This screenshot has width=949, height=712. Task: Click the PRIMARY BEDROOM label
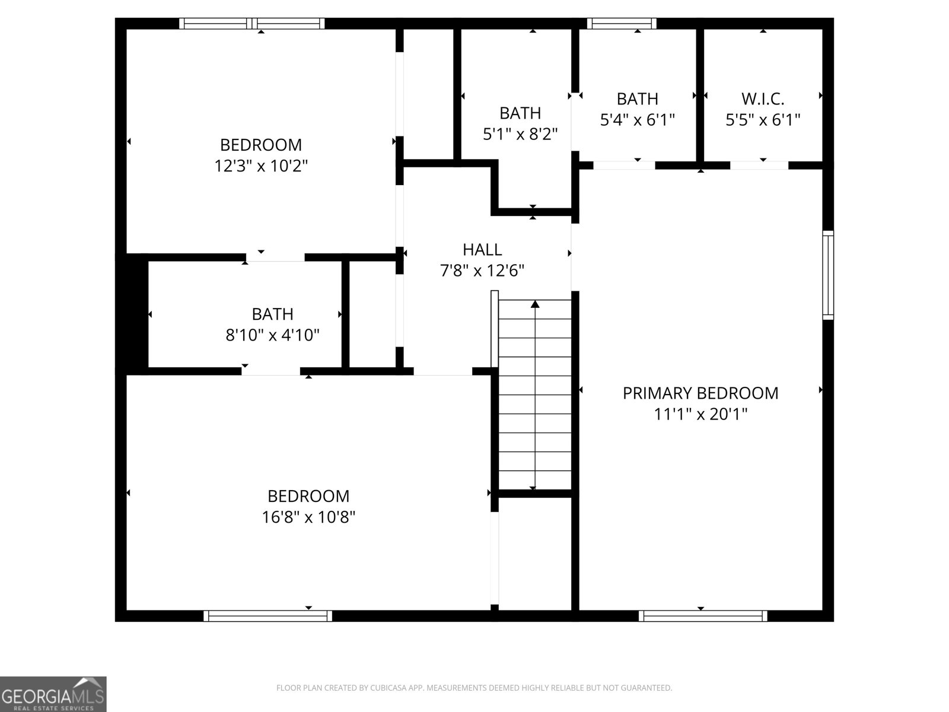pyautogui.click(x=700, y=393)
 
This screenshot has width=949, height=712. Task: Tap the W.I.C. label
pyautogui.click(x=763, y=98)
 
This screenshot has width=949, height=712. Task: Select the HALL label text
pyautogui.click(x=482, y=249)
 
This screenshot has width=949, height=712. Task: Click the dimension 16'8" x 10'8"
pyautogui.click(x=308, y=517)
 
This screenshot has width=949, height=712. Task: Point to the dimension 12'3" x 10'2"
pyautogui.click(x=261, y=166)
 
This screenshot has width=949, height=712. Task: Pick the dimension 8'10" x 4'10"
pyautogui.click(x=272, y=335)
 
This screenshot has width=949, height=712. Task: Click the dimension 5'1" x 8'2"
pyautogui.click(x=520, y=134)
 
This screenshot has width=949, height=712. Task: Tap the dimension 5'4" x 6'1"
pyautogui.click(x=638, y=120)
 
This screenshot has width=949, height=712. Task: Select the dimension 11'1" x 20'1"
pyautogui.click(x=700, y=414)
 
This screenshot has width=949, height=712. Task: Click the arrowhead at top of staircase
pyautogui.click(x=535, y=304)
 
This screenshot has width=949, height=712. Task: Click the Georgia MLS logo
pyautogui.click(x=53, y=694)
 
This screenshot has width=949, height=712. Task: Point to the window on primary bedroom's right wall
pyautogui.click(x=828, y=275)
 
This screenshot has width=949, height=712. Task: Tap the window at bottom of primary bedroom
pyautogui.click(x=703, y=616)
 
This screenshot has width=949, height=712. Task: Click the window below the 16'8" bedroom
pyautogui.click(x=267, y=616)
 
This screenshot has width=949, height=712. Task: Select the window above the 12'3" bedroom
pyautogui.click(x=252, y=24)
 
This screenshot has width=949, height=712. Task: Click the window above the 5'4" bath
pyautogui.click(x=622, y=24)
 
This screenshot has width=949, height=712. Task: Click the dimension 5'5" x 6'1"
pyautogui.click(x=763, y=120)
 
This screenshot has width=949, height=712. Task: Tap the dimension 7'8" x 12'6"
pyautogui.click(x=482, y=271)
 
